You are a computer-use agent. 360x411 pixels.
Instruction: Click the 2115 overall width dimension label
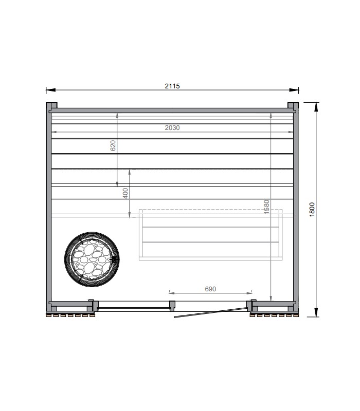point(172,86)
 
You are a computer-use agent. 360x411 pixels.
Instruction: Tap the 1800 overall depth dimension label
point(312,210)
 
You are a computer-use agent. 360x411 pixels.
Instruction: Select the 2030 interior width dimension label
point(172,127)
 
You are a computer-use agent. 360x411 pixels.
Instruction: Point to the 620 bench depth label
point(113,145)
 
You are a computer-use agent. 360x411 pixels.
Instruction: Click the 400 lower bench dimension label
point(125,193)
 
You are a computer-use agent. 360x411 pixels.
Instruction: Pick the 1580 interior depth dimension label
point(266,207)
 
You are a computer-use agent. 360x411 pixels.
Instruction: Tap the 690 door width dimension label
point(210,289)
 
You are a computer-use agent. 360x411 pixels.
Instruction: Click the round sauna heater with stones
point(92,259)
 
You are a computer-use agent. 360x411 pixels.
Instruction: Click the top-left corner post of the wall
point(51,105)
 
